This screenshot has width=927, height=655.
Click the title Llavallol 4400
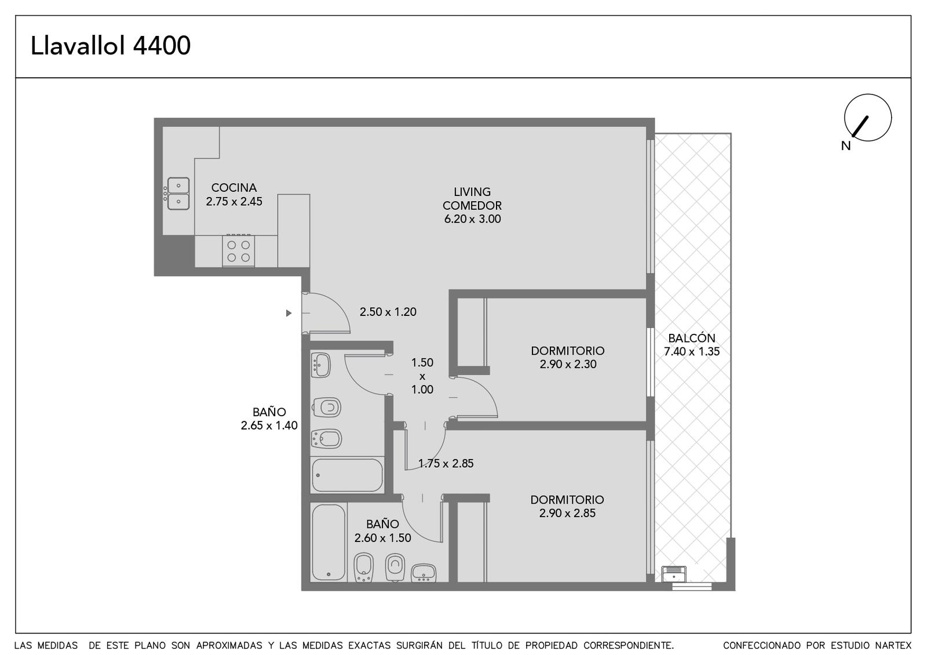tap(111, 46)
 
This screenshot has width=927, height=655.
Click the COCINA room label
tap(234, 188)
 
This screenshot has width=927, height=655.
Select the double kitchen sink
tap(178, 194)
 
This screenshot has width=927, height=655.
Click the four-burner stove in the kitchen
tap(238, 251)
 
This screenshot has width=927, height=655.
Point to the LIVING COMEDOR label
tap(472, 199)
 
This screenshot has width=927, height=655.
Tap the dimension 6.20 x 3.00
tap(473, 219)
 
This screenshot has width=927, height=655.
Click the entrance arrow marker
tap(289, 313)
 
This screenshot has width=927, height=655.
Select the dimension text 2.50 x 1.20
tap(388, 312)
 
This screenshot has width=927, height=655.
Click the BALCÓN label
tap(692, 339)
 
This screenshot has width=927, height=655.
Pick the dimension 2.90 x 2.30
tap(568, 365)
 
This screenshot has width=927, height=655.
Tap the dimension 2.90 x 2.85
tap(567, 514)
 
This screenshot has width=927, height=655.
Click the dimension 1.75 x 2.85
tap(446, 463)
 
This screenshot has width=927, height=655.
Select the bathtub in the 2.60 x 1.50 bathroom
tap(329, 542)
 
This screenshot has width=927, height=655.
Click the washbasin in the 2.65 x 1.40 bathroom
tap(320, 365)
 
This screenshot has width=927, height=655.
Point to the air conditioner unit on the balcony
tap(674, 574)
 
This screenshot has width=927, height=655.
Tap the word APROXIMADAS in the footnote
tap(229, 646)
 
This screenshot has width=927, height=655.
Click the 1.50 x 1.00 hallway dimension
tap(422, 376)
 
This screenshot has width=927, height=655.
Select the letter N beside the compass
tap(846, 145)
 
